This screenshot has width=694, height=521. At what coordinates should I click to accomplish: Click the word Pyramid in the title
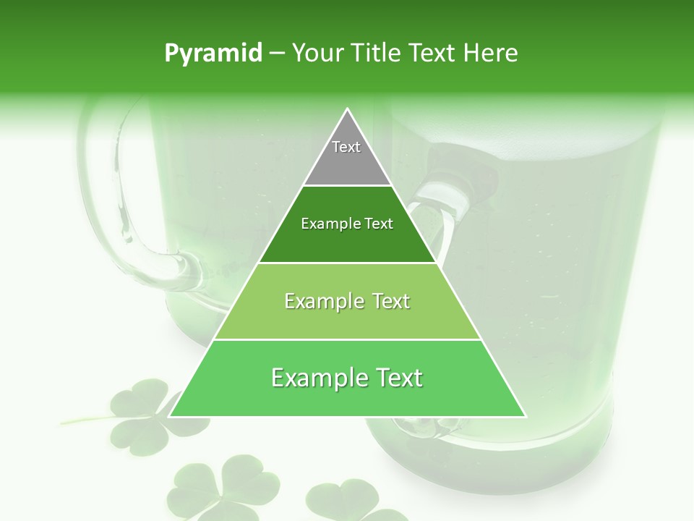click(x=213, y=54)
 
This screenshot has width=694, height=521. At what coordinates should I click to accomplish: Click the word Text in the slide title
click(x=435, y=54)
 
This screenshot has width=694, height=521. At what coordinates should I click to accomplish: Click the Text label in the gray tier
click(x=346, y=147)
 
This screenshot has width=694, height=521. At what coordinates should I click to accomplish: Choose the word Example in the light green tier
click(x=323, y=301)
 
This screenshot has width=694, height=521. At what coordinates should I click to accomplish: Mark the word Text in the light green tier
click(x=389, y=301)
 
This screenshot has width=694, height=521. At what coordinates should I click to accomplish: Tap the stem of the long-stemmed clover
click(x=83, y=420)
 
